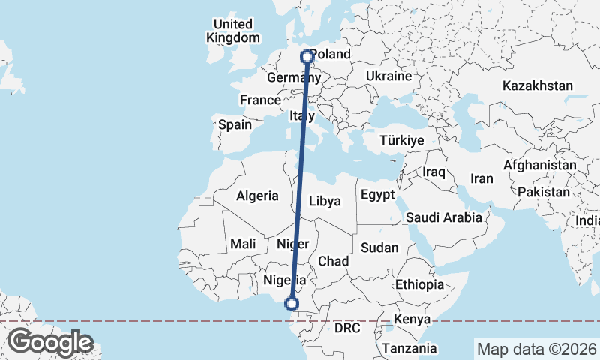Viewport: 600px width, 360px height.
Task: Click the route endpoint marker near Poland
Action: tap(307, 56)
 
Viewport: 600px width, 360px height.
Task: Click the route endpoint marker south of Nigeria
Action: tap(292, 304)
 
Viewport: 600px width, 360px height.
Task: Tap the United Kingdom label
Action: tap(233, 31)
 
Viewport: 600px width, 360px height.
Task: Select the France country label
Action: tap(259, 100)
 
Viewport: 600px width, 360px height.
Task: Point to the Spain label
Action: tap(235, 125)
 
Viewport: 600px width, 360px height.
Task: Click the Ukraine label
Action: tap(389, 76)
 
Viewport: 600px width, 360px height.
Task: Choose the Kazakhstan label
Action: tap(538, 85)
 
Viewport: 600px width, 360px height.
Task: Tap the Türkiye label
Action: tap(402, 140)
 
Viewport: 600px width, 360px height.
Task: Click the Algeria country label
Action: tap(257, 196)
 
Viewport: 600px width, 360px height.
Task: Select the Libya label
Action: tap(325, 201)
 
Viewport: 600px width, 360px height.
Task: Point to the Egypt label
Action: tap(377, 195)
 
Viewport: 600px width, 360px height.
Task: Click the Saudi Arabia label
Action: tap(443, 218)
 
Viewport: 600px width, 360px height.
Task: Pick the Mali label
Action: tap(244, 244)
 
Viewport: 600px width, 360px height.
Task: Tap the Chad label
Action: tap(334, 261)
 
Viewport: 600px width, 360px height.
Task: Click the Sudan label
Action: tap(379, 247)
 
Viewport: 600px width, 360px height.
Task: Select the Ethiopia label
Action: tap(420, 285)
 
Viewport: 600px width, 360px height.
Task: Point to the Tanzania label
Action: tap(409, 348)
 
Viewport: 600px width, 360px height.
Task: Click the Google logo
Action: tap(50, 342)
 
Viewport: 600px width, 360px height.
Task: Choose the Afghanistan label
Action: tap(540, 165)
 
